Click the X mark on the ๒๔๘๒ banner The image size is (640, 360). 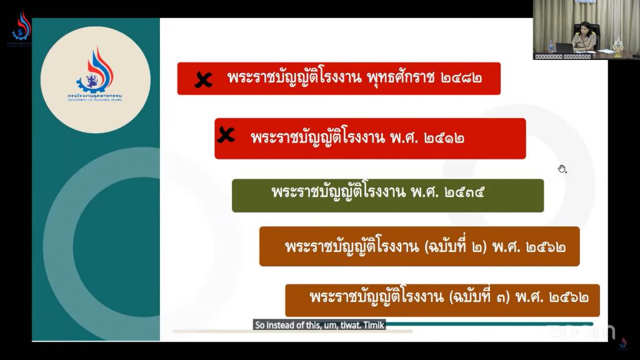pyautogui.click(x=202, y=79)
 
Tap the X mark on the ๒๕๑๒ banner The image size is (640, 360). pyautogui.click(x=225, y=135)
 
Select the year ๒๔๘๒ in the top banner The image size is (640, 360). pyautogui.click(x=461, y=79)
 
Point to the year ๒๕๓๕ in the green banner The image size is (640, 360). pyautogui.click(x=464, y=192)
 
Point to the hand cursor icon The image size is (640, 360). pyautogui.click(x=562, y=168)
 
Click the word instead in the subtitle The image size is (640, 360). pyautogui.click(x=281, y=325)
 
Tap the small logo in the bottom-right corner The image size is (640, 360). pyautogui.click(x=622, y=343)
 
